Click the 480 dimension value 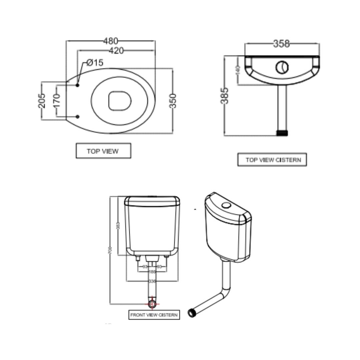pyautogui.click(x=111, y=41)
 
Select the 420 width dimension pyautogui.click(x=116, y=51)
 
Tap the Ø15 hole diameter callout pyautogui.click(x=95, y=62)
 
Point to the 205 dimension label pyautogui.click(x=42, y=100)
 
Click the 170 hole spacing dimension pyautogui.click(x=57, y=100)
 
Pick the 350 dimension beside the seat pyautogui.click(x=173, y=101)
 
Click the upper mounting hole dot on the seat pyautogui.click(x=78, y=85)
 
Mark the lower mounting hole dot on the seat pyautogui.click(x=78, y=117)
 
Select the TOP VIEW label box pyautogui.click(x=103, y=151)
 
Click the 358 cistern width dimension pyautogui.click(x=281, y=44)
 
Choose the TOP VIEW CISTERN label pyautogui.click(x=273, y=160)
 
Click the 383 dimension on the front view pyautogui.click(x=118, y=226)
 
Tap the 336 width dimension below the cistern pyautogui.click(x=152, y=281)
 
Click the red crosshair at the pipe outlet pyautogui.click(x=152, y=304)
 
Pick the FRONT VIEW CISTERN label pyautogui.click(x=154, y=315)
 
